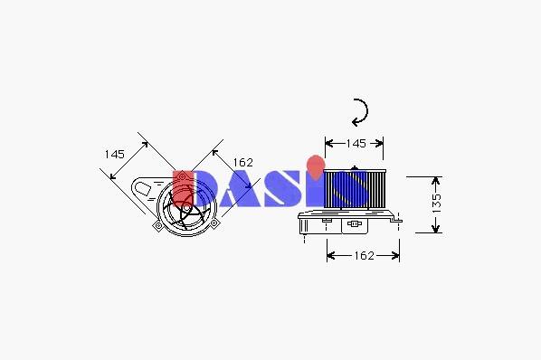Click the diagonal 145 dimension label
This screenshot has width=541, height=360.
pyautogui.click(x=115, y=154)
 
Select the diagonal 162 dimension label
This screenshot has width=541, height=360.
pyautogui.click(x=242, y=163)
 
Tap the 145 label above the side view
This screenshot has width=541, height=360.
pyautogui.click(x=356, y=143)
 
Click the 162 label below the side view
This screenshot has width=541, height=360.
pyautogui.click(x=364, y=255)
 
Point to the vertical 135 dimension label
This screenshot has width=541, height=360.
pyautogui.click(x=436, y=204)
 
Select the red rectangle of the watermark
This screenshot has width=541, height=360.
pyautogui.click(x=183, y=188)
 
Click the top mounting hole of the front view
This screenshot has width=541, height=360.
pyautogui.click(x=182, y=177)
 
